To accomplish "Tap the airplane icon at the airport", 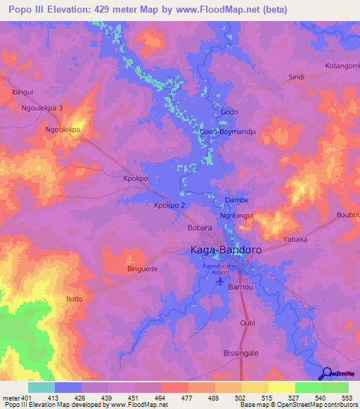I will (x=221, y=281).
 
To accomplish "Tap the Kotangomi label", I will (x=342, y=65).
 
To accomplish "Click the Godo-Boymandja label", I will (x=226, y=131).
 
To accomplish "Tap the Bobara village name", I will (x=181, y=228).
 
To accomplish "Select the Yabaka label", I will (x=295, y=239).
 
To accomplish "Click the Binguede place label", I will (x=142, y=268).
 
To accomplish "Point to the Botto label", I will (x=74, y=299).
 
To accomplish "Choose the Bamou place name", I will (x=240, y=288).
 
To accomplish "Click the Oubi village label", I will (x=247, y=323).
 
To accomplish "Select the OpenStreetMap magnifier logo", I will (x=327, y=373).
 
